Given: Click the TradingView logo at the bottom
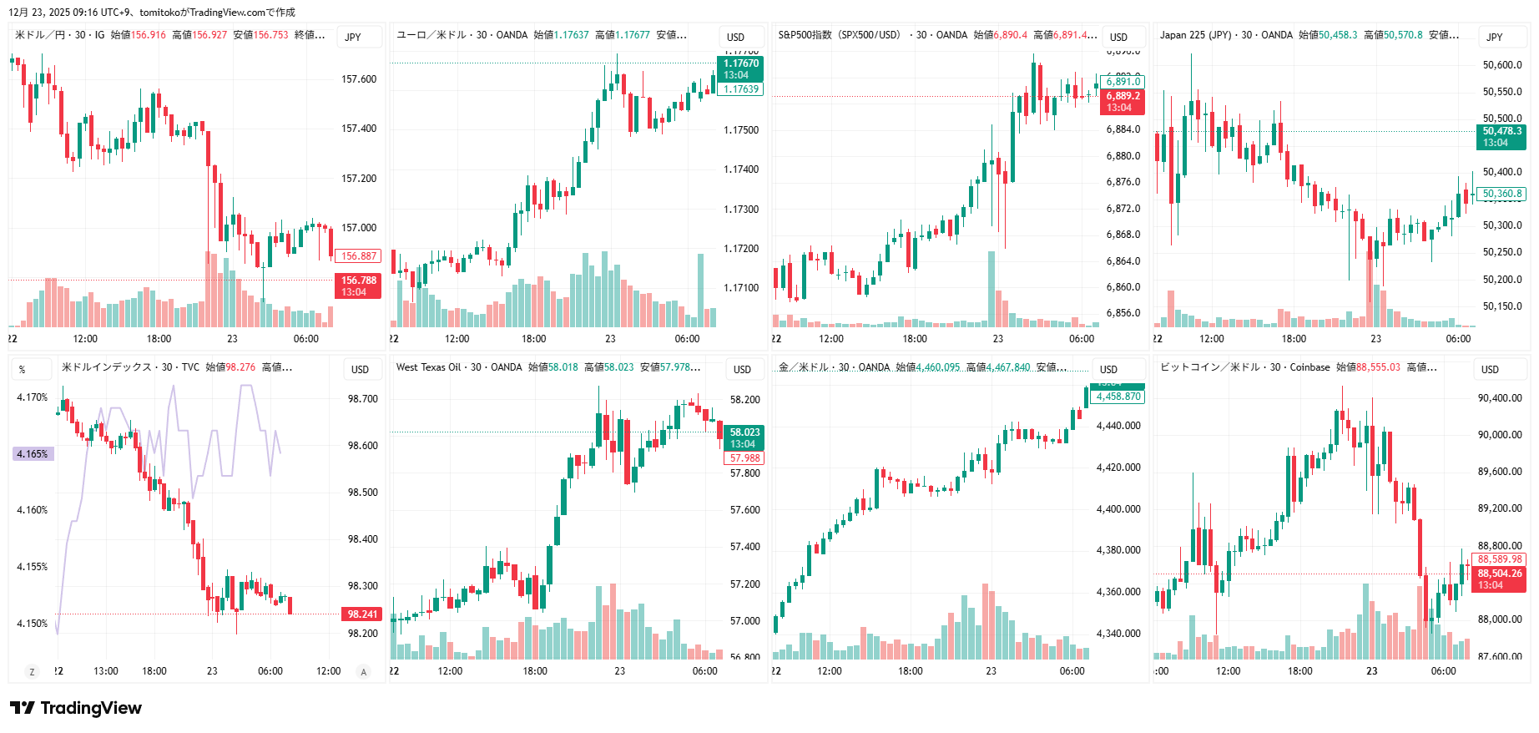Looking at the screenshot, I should pyautogui.click(x=76, y=708).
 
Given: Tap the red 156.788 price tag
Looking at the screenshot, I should pyautogui.click(x=358, y=286).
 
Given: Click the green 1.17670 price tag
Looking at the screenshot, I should pyautogui.click(x=740, y=68).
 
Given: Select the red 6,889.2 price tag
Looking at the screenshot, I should pyautogui.click(x=1123, y=101).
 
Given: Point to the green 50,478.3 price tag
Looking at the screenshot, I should pyautogui.click(x=1501, y=137).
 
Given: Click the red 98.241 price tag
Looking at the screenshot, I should pyautogui.click(x=362, y=614).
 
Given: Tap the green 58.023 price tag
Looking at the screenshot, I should pyautogui.click(x=744, y=437).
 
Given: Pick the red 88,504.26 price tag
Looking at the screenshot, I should pyautogui.click(x=1499, y=579).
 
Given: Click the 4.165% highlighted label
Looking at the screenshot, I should pyautogui.click(x=33, y=454).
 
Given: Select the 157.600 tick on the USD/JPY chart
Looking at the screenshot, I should pyautogui.click(x=359, y=79).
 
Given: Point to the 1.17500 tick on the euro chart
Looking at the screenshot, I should pyautogui.click(x=741, y=130).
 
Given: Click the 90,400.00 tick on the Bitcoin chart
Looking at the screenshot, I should pyautogui.click(x=1500, y=398).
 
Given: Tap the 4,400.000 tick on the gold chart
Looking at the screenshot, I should pyautogui.click(x=1118, y=509).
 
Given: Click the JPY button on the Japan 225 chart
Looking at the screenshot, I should pyautogui.click(x=1494, y=37).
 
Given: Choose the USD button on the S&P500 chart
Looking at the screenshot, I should pyautogui.click(x=1118, y=37).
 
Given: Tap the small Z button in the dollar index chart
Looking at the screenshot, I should pyautogui.click(x=32, y=672).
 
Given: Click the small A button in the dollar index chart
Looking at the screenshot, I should pyautogui.click(x=363, y=672).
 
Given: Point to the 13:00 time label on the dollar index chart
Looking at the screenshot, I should pyautogui.click(x=106, y=671).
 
